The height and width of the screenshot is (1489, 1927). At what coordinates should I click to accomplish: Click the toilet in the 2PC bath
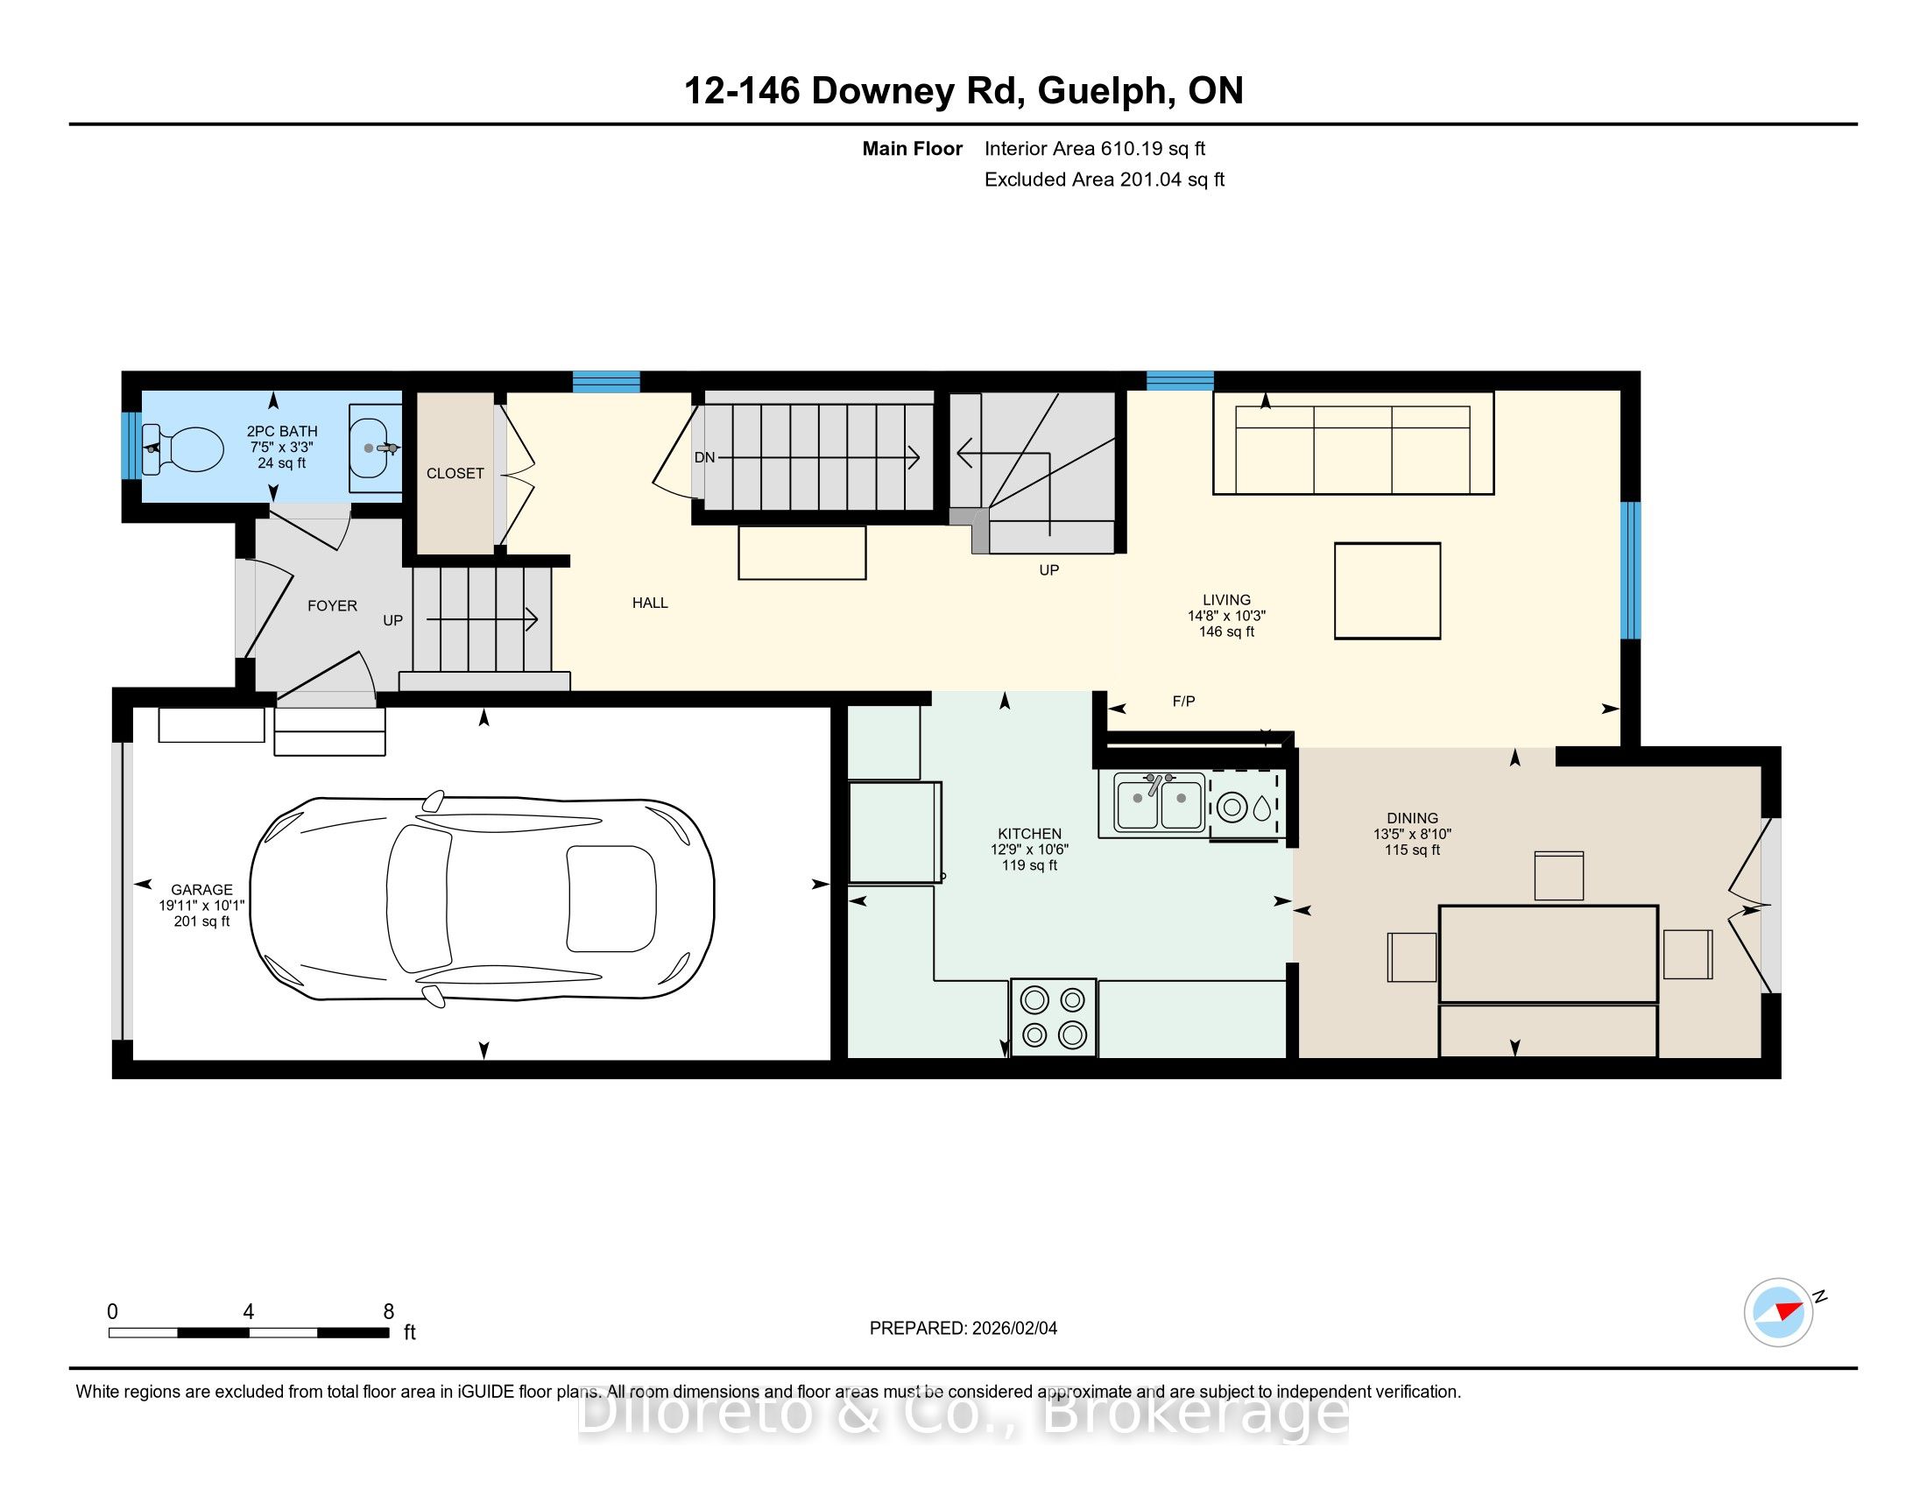coord(183,449)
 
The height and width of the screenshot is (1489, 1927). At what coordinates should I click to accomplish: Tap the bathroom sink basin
coord(376,448)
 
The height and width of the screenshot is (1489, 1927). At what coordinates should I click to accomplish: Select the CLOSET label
coord(455,474)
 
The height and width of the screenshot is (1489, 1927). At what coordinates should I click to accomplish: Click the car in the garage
coord(482,898)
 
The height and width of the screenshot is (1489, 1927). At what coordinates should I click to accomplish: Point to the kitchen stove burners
coord(1054,1017)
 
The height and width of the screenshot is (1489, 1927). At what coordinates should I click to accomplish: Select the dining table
coord(1549,954)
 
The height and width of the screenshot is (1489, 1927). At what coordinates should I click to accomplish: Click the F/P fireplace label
coord(1184,702)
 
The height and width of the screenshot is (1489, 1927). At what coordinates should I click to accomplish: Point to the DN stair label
coord(704,458)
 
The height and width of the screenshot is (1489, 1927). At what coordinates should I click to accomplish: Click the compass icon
coord(1779,1312)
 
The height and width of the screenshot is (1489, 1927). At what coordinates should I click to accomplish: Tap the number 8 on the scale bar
coord(388,1312)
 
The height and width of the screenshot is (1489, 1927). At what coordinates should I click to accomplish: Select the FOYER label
coord(332,606)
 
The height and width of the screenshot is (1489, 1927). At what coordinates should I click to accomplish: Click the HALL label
coord(650,603)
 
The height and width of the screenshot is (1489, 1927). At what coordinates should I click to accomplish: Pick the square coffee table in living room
coord(1387,590)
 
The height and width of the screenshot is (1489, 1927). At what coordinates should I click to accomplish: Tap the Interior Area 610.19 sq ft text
coord(1095,149)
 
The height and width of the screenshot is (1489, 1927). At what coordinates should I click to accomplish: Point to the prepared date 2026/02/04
coord(1013,1329)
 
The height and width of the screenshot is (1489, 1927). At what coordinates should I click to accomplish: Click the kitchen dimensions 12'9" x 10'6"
coord(1030,850)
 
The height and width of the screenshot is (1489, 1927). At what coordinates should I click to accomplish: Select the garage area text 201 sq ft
coord(202,921)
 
